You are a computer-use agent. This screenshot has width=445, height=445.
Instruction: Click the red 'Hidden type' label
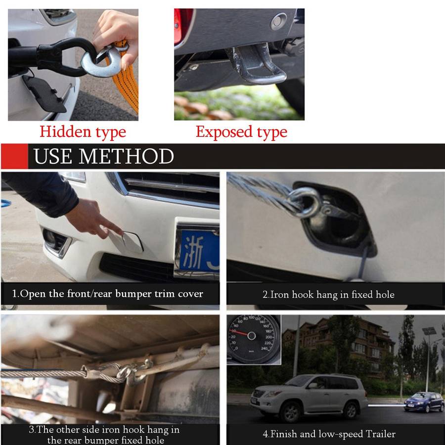pyautogui.click(x=83, y=132)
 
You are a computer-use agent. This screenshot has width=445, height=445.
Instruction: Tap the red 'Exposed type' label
pyautogui.click(x=241, y=132)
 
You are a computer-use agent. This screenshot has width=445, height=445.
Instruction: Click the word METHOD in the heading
pyautogui.click(x=126, y=156)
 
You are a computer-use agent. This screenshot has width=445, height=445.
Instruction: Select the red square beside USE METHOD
pyautogui.click(x=14, y=156)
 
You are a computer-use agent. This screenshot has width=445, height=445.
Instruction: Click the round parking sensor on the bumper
pyautogui.click(x=279, y=21)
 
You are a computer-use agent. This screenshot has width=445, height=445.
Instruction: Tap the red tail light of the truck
pyautogui.click(x=182, y=26)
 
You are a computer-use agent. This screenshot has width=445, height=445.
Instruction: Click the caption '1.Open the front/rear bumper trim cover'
pyautogui.click(x=108, y=294)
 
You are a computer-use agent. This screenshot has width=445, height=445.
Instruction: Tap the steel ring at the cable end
pyautogui.click(x=304, y=202)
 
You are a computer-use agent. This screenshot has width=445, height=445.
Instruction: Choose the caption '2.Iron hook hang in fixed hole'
pyautogui.click(x=328, y=294)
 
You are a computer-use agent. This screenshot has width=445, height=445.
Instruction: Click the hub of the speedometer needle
pyautogui.click(x=252, y=336)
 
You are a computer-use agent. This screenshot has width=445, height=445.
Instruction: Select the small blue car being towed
pyautogui.click(x=424, y=401)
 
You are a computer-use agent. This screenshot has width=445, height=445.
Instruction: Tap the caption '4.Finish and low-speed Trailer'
pyautogui.click(x=329, y=434)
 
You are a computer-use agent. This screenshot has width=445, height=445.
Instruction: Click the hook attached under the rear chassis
pyautogui.click(x=135, y=372)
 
